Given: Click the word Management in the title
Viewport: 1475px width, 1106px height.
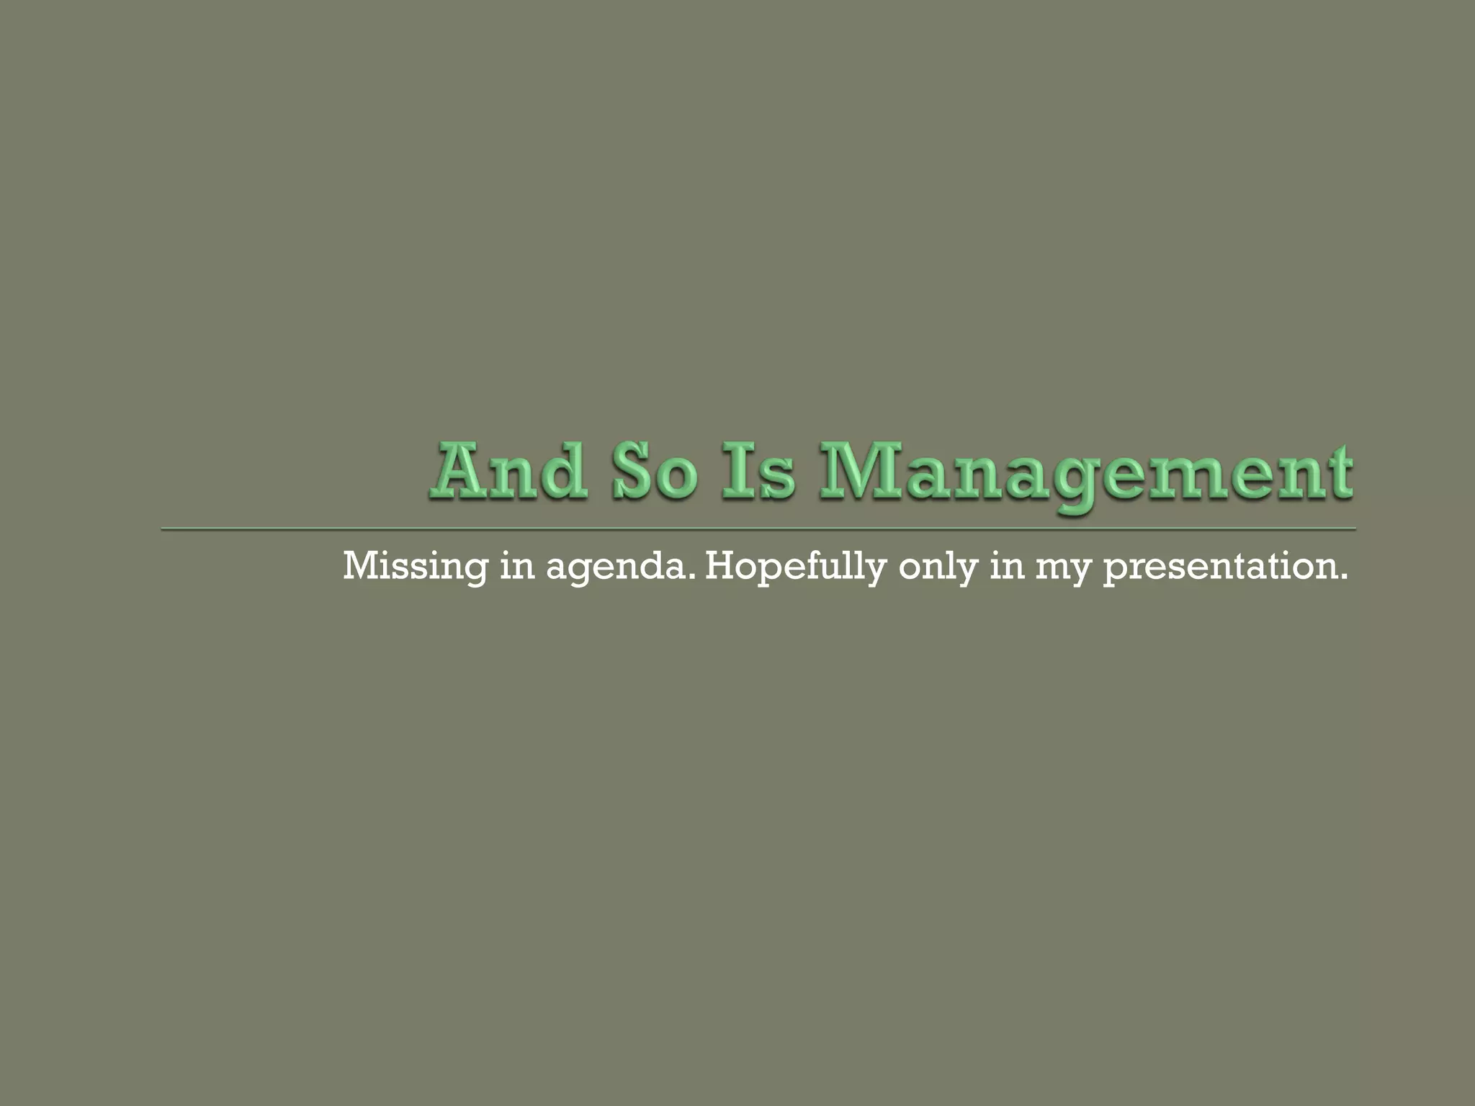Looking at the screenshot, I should pos(1086,474).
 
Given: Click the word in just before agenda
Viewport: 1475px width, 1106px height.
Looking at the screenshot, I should pos(517,566).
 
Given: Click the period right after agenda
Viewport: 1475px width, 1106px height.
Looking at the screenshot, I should pos(692,577).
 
